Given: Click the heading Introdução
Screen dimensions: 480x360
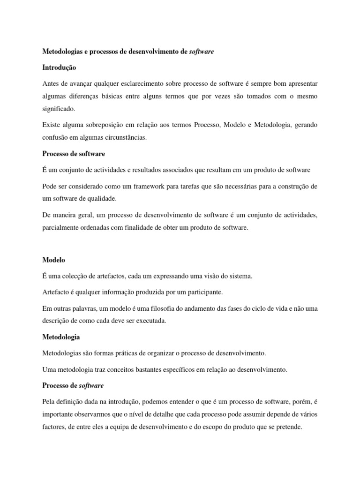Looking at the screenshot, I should click(59, 67).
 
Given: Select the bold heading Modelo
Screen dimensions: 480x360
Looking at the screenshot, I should click(53, 259).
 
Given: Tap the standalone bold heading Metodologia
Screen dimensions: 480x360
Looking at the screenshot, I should click(61, 337).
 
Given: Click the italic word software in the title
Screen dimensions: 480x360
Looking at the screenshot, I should click(201, 52).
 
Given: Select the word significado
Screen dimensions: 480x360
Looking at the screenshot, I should click(59, 108).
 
